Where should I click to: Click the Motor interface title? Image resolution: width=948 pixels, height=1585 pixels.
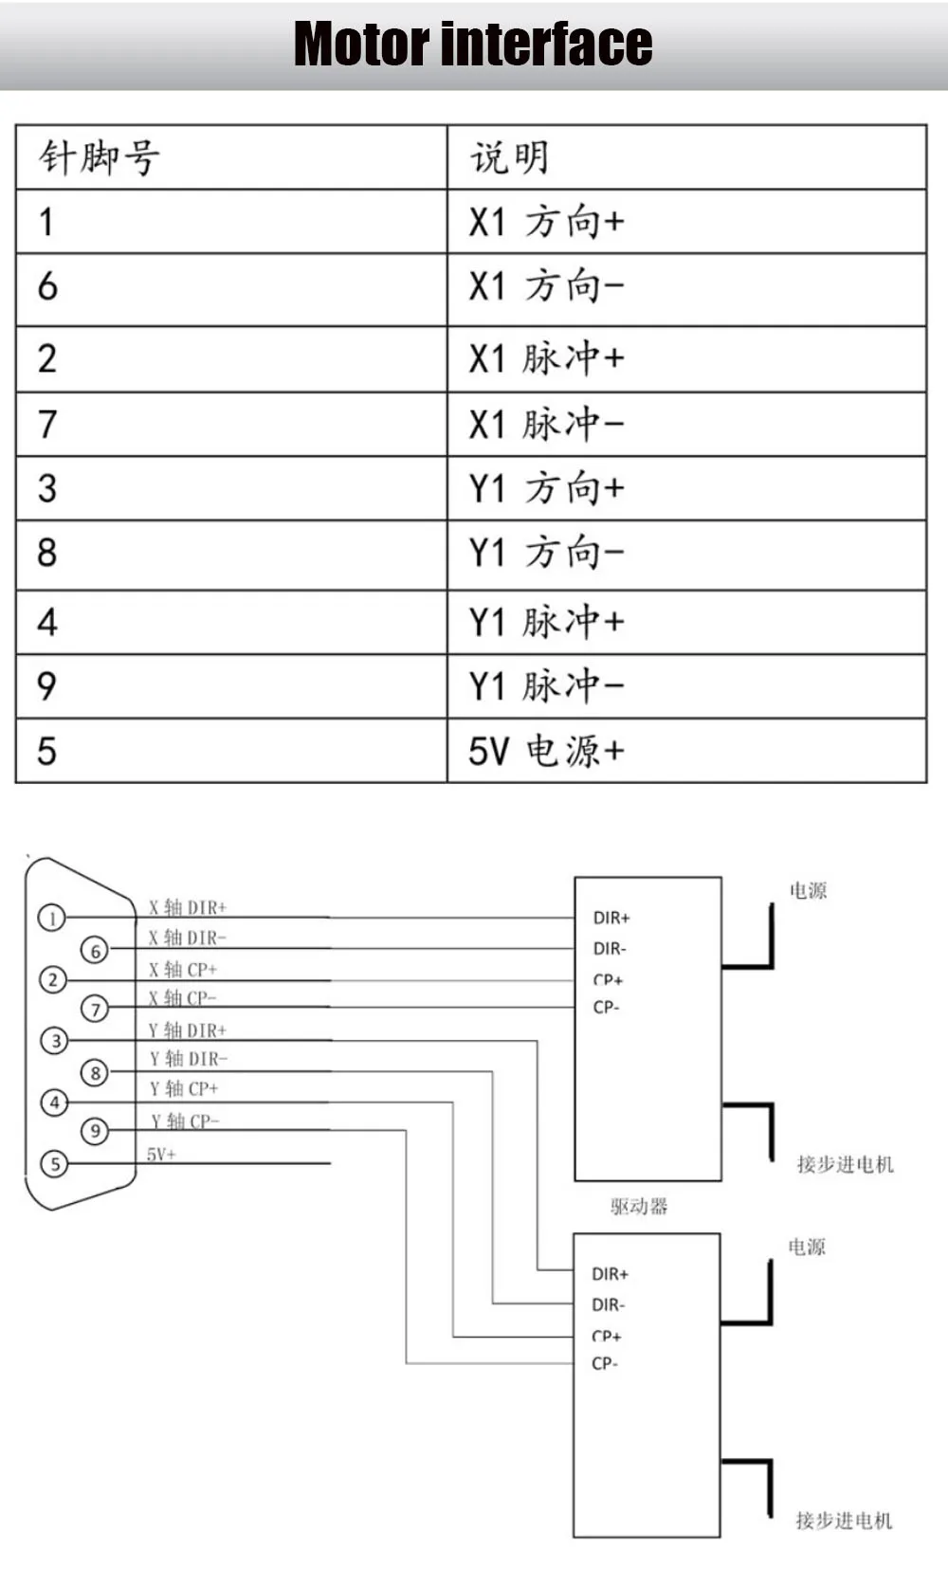pos(473,45)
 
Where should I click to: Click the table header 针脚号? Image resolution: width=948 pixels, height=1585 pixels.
pos(99,157)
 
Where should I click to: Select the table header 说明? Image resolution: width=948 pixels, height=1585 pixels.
pos(510,157)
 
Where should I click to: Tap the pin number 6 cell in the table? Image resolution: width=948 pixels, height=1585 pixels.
pos(47,286)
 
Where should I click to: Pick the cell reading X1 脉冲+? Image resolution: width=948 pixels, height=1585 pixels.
pos(547,358)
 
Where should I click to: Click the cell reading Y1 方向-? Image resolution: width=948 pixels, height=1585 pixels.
pos(547,552)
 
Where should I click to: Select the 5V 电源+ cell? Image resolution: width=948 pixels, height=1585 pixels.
pos(547,751)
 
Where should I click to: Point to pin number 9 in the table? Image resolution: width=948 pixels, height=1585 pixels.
pos(47,685)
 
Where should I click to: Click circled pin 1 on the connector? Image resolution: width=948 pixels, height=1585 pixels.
pos(52,918)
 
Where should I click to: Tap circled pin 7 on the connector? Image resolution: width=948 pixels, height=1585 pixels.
pos(95,1009)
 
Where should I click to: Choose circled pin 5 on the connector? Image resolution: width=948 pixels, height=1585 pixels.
pos(55,1163)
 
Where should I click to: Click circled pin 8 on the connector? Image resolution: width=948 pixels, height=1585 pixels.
pos(95,1073)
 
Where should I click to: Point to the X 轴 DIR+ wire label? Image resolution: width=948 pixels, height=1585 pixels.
pos(188,907)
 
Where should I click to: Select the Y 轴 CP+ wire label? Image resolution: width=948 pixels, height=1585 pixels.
pos(184,1088)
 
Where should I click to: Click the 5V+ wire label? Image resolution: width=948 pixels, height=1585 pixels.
pos(161,1154)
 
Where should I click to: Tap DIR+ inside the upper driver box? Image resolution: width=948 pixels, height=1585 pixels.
pos(611,918)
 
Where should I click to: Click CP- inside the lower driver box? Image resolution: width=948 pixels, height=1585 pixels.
pos(605,1363)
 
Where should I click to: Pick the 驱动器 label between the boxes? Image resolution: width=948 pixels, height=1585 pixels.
pos(639,1206)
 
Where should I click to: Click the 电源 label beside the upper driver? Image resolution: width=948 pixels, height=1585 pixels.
pos(808,890)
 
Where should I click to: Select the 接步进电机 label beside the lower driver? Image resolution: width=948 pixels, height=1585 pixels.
pos(844,1521)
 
